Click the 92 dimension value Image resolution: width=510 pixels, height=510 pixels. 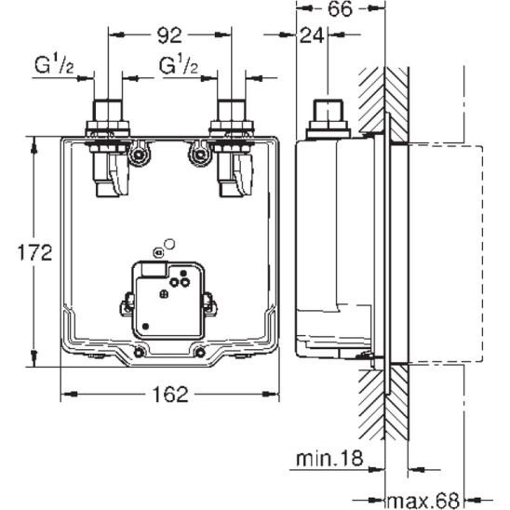(169, 35)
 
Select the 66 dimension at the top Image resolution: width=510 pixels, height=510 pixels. (340, 8)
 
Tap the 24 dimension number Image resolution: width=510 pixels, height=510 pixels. (312, 35)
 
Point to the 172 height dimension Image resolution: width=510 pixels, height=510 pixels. (34, 252)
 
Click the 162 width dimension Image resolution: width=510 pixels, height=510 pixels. (170, 394)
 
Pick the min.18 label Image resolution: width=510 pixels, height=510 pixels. (329, 458)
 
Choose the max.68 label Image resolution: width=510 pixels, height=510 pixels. (423, 501)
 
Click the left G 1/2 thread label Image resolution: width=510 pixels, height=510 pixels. (54, 65)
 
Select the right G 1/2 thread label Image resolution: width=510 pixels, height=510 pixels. (179, 65)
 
